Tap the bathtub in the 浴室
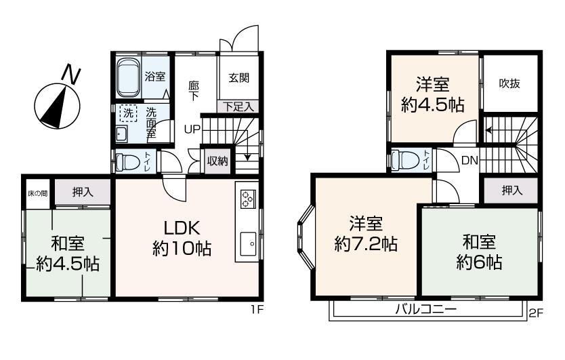128,77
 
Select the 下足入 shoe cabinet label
238,106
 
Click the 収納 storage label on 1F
217,161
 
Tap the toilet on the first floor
127,161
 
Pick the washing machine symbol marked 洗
127,111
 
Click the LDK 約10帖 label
182,238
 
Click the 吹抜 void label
510,83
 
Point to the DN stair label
471,161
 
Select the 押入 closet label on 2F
511,191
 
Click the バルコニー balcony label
426,309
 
